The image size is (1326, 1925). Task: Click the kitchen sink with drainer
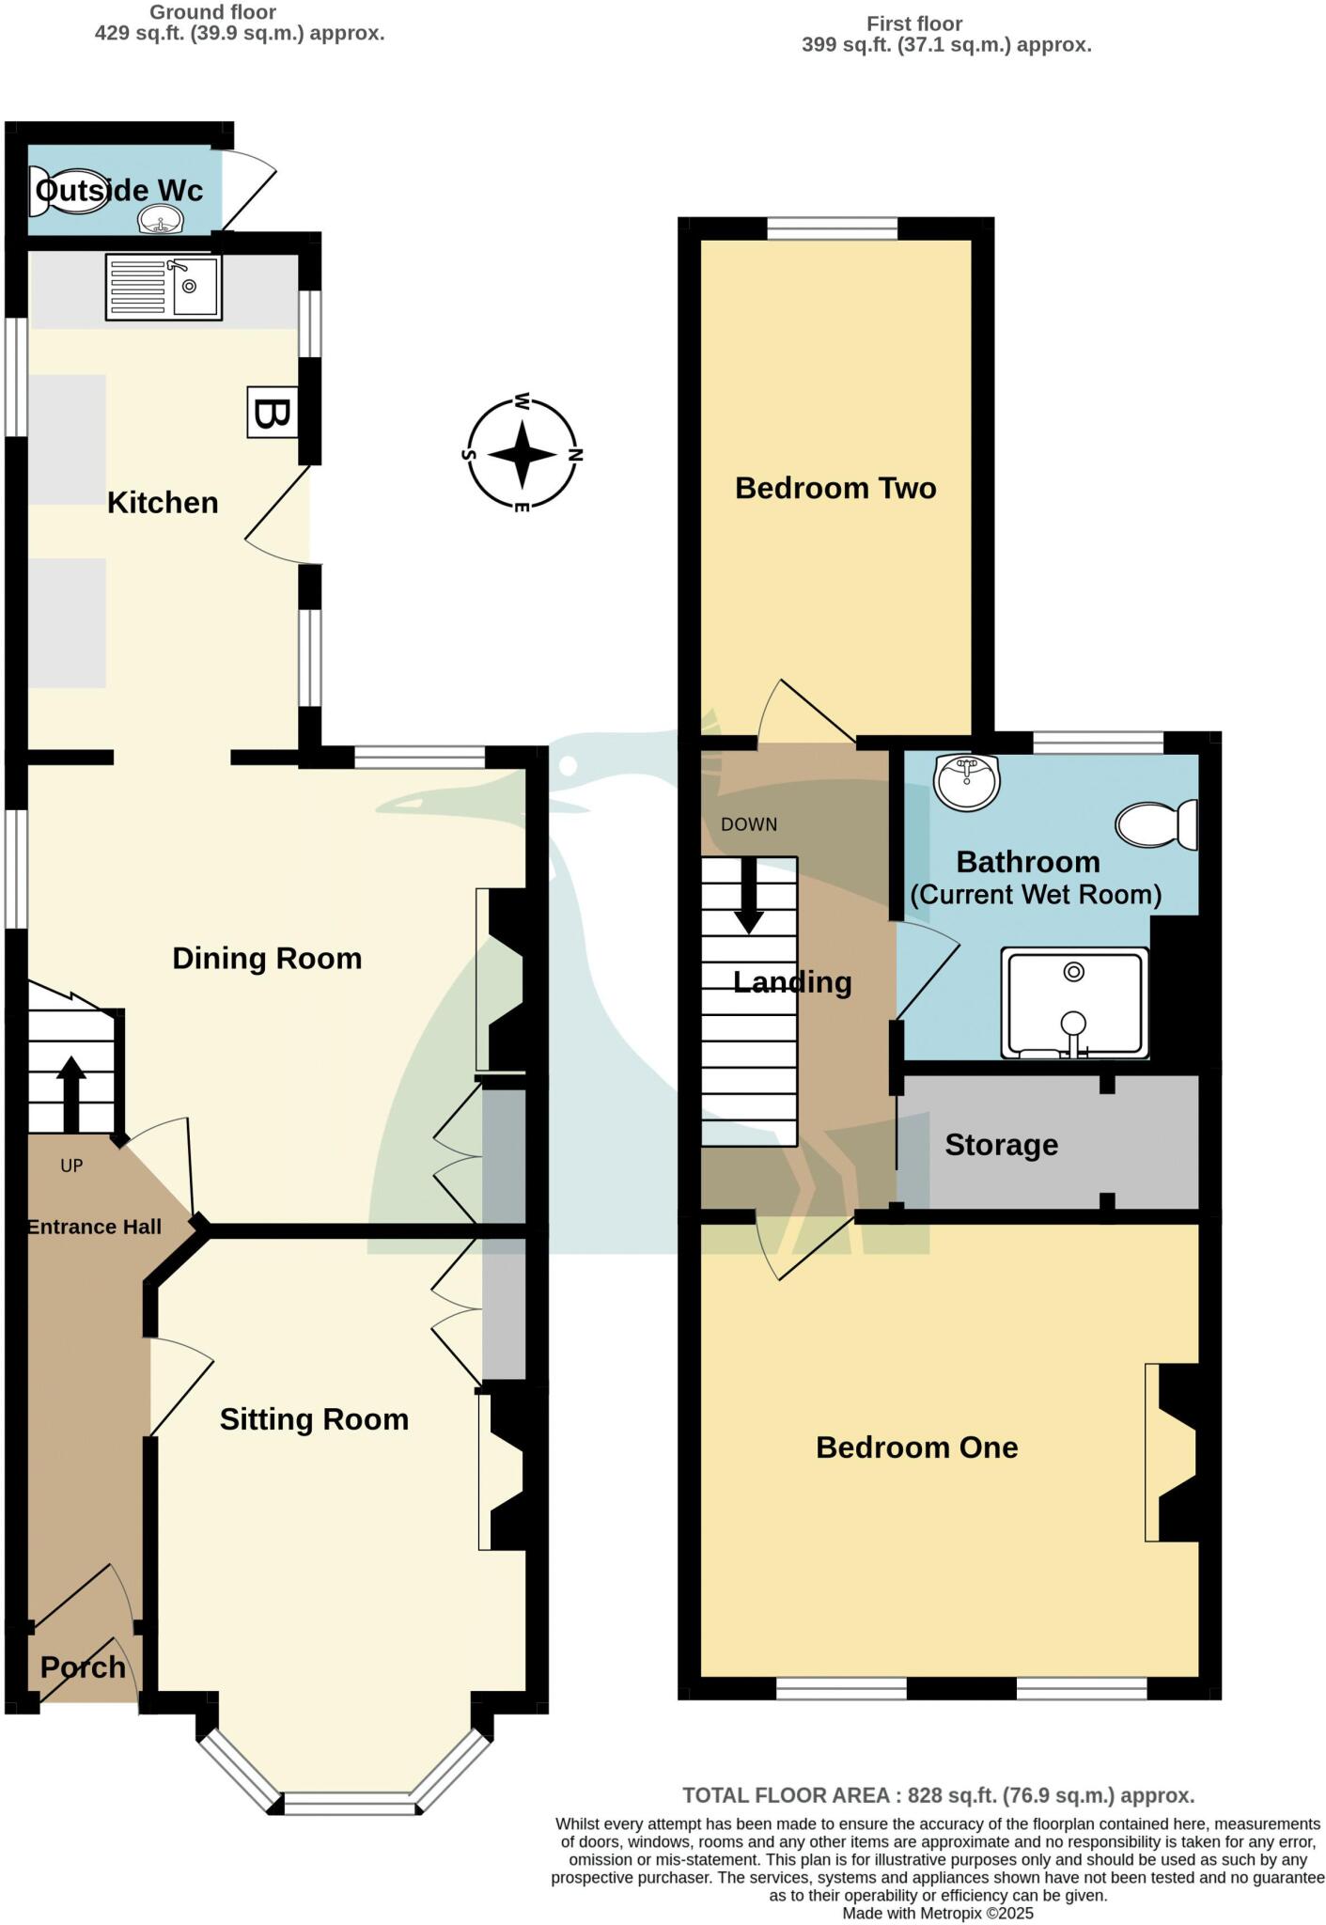click(164, 287)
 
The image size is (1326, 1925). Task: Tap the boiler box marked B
click(273, 412)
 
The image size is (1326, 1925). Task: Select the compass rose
click(523, 454)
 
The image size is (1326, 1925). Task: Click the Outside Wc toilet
click(56, 190)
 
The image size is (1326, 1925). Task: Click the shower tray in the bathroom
click(1074, 1002)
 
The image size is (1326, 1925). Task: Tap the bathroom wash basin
click(967, 781)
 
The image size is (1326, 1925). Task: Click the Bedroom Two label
click(835, 488)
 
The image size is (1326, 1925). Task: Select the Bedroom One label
click(916, 1447)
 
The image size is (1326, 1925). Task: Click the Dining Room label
click(267, 958)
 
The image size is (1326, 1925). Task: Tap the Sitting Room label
click(314, 1418)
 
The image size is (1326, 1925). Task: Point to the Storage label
click(1001, 1144)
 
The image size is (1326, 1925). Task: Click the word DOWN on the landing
click(749, 824)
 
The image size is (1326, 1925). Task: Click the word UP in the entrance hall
click(71, 1166)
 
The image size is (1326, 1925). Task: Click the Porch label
click(83, 1667)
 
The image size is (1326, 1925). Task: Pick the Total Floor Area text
click(938, 1795)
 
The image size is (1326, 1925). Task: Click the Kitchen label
click(163, 502)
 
